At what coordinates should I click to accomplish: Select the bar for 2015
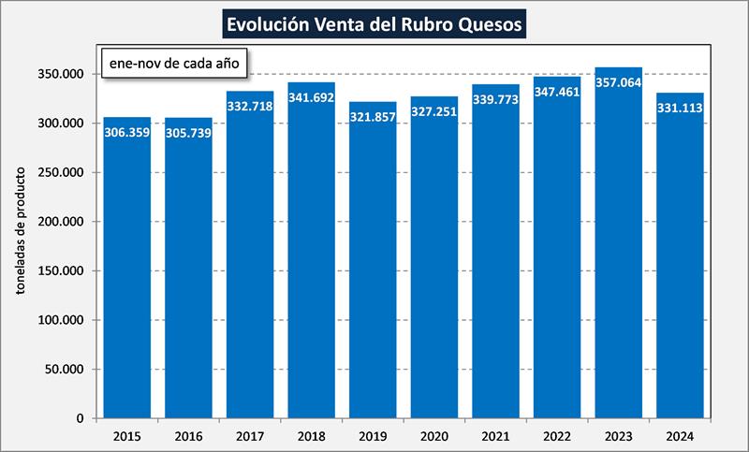click(127, 271)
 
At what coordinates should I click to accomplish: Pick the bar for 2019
click(373, 271)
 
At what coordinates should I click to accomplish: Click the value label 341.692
click(312, 97)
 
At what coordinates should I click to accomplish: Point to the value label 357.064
click(619, 82)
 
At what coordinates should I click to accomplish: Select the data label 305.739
click(189, 133)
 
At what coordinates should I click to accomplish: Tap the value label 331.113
click(681, 108)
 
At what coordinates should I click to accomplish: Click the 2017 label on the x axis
click(250, 435)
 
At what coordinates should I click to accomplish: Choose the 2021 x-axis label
click(496, 435)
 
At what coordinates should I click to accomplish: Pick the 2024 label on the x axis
click(681, 435)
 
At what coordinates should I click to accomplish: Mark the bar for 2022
click(557, 262)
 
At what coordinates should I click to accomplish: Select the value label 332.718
click(250, 106)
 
